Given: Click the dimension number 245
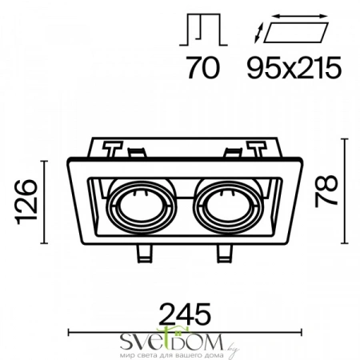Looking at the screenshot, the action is (x=186, y=314).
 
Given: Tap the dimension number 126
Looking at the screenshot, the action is (x=26, y=202).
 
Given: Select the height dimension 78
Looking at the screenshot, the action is (x=326, y=191).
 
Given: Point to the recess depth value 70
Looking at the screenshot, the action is (x=204, y=67).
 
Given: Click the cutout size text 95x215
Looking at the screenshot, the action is (x=294, y=67).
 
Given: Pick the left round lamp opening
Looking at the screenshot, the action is (x=142, y=207).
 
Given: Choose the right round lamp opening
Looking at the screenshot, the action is (x=229, y=207).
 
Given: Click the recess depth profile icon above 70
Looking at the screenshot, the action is (x=203, y=30).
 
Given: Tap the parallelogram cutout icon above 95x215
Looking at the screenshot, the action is (x=296, y=33).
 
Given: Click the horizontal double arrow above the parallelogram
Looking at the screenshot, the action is (x=301, y=16).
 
